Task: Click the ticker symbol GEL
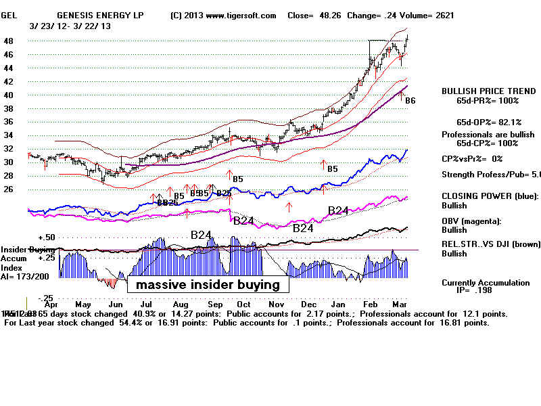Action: pyautogui.click(x=9, y=15)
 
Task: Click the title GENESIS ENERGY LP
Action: pyautogui.click(x=100, y=15)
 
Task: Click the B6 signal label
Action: pyautogui.click(x=410, y=101)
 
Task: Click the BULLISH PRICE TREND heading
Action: pyautogui.click(x=481, y=91)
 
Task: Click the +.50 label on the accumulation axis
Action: pyautogui.click(x=46, y=238)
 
